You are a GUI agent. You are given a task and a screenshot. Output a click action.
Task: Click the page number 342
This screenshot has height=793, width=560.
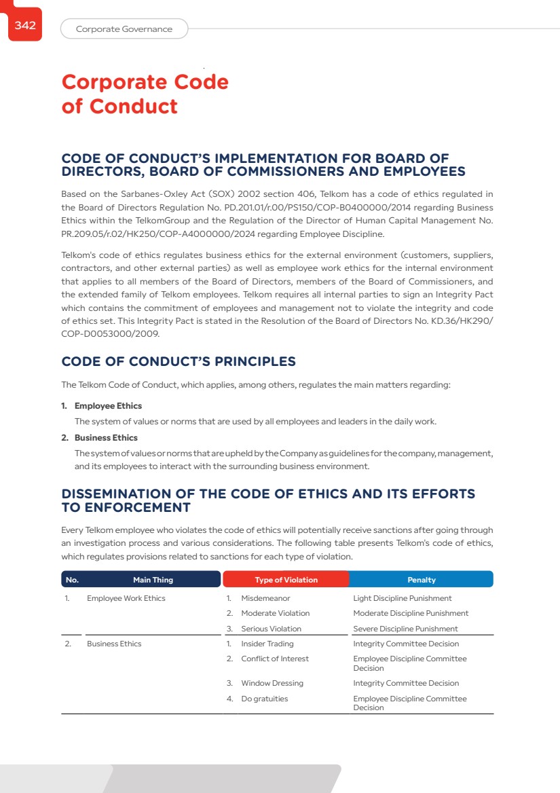[x=25, y=26]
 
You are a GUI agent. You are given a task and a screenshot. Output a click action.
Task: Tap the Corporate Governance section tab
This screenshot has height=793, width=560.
[x=124, y=29]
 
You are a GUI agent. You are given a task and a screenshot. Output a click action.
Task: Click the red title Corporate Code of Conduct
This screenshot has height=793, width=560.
[x=145, y=94]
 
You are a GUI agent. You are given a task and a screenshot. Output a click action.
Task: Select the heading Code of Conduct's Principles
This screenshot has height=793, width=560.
[x=179, y=361]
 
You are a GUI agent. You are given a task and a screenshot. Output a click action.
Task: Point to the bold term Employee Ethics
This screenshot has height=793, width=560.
[x=108, y=406]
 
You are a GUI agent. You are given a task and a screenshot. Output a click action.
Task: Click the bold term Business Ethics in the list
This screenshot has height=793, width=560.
[x=106, y=438]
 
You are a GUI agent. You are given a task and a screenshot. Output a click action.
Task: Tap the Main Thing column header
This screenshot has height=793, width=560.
[x=153, y=580]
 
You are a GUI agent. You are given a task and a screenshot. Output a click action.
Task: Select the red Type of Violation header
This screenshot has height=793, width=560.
[x=286, y=580]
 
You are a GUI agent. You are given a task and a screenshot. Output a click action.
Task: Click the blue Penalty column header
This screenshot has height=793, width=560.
[x=421, y=580]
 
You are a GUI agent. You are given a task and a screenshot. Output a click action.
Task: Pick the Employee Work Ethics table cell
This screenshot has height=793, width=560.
[x=126, y=598]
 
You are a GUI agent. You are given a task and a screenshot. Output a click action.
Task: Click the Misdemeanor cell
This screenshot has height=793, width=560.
[x=265, y=598]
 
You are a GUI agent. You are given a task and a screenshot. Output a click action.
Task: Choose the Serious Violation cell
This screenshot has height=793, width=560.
[x=271, y=629]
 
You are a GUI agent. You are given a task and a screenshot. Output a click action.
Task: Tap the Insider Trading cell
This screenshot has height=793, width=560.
[x=267, y=644]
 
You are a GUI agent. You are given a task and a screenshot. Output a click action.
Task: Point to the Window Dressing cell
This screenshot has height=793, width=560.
[x=272, y=683]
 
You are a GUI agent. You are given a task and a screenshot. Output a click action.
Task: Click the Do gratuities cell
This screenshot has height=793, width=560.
[x=264, y=699]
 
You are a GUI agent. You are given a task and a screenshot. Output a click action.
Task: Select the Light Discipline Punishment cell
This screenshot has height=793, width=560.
[x=402, y=598]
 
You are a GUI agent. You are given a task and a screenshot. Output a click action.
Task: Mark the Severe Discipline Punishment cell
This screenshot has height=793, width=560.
[x=405, y=629]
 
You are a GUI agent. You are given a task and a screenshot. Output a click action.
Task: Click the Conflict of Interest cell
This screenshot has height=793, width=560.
[x=274, y=659]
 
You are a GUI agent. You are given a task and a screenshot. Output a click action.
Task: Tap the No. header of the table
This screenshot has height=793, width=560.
[x=72, y=580]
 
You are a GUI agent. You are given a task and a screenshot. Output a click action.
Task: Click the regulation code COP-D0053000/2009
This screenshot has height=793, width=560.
[x=112, y=334]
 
